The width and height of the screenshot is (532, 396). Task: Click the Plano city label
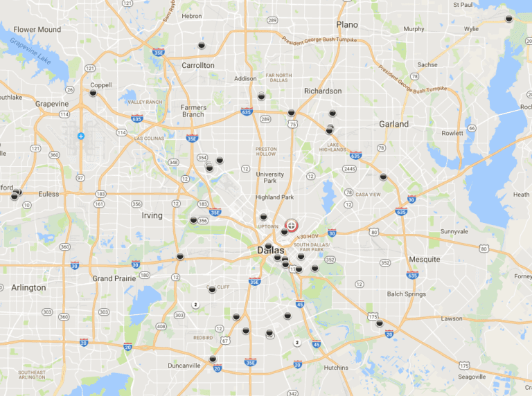[x=347, y=24]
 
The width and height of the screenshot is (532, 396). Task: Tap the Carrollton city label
[x=198, y=65]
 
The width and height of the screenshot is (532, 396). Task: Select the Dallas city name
[x=270, y=250]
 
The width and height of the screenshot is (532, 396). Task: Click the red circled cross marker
[x=292, y=225]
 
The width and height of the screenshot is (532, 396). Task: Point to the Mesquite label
[x=424, y=259]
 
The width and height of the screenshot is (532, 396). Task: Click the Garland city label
[x=393, y=124]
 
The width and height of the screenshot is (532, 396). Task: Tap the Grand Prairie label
[x=114, y=278]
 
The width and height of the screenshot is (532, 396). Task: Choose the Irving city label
[x=152, y=215]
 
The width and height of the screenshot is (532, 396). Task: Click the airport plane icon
[x=82, y=136]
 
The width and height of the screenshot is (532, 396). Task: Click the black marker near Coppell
[x=93, y=92]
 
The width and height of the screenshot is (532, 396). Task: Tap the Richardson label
[x=323, y=91]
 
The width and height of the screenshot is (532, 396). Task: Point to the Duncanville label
[x=184, y=365]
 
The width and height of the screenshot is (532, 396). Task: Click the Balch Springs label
[x=406, y=294]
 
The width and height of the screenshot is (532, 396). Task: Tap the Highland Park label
[x=274, y=197]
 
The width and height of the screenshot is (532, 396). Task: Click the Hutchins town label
[x=336, y=368]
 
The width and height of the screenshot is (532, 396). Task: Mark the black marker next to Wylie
[x=508, y=19]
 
